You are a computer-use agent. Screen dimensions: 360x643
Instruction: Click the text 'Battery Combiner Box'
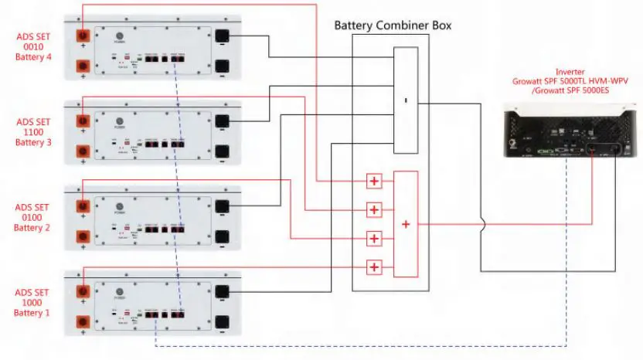pos(393,25)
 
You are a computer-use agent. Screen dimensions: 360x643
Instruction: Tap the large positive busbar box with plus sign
pos(406,224)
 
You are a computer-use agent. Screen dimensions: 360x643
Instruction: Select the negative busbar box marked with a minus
pos(406,100)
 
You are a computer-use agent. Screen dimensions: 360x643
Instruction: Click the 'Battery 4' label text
pos(32,56)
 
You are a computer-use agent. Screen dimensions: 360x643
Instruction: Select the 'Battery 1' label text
pos(32,313)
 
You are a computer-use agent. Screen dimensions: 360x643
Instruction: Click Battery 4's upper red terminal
pos(80,36)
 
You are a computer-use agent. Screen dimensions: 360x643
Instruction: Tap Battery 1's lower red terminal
pos(80,322)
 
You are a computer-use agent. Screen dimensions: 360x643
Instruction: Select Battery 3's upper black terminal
pos(223,121)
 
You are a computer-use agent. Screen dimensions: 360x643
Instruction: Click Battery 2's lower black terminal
pos(223,236)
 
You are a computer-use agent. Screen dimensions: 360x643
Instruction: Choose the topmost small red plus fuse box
pos(374,182)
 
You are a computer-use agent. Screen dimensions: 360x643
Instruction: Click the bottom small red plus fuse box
pos(374,267)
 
